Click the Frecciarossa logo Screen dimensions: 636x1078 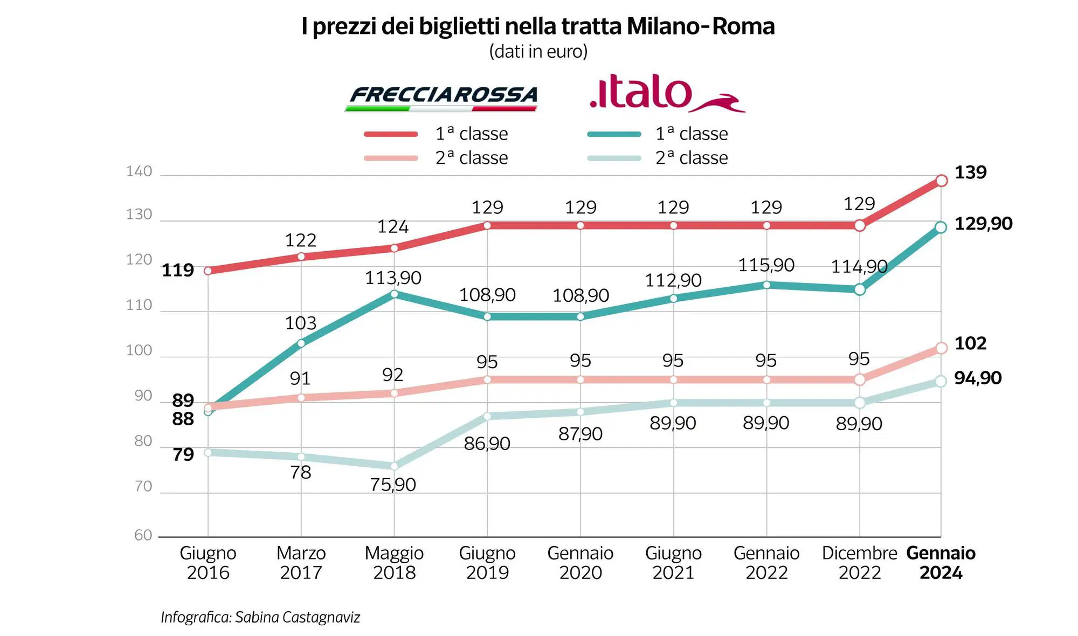click(x=441, y=98)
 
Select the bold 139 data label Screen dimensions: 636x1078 click(x=970, y=172)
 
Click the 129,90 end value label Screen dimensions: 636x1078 click(x=983, y=224)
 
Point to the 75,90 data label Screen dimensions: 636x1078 click(x=393, y=485)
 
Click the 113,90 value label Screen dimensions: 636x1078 click(x=393, y=278)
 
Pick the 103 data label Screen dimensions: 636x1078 click(x=300, y=323)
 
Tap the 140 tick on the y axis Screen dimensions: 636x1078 click(x=139, y=171)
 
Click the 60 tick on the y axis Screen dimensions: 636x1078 click(x=143, y=535)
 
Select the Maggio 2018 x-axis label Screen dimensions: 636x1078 click(x=394, y=562)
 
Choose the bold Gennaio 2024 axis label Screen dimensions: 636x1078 click(x=941, y=562)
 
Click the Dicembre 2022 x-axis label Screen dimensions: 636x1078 click(x=859, y=562)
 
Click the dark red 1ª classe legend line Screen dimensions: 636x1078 click(x=391, y=134)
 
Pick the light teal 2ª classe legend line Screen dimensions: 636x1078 click(x=614, y=158)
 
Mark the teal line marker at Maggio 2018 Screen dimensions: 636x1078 click(x=394, y=294)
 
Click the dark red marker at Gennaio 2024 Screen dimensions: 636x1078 click(x=941, y=181)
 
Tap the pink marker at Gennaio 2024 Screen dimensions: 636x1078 click(x=941, y=348)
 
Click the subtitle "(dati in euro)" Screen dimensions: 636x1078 click(x=538, y=52)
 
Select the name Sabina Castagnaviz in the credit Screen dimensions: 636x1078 click(x=298, y=617)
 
